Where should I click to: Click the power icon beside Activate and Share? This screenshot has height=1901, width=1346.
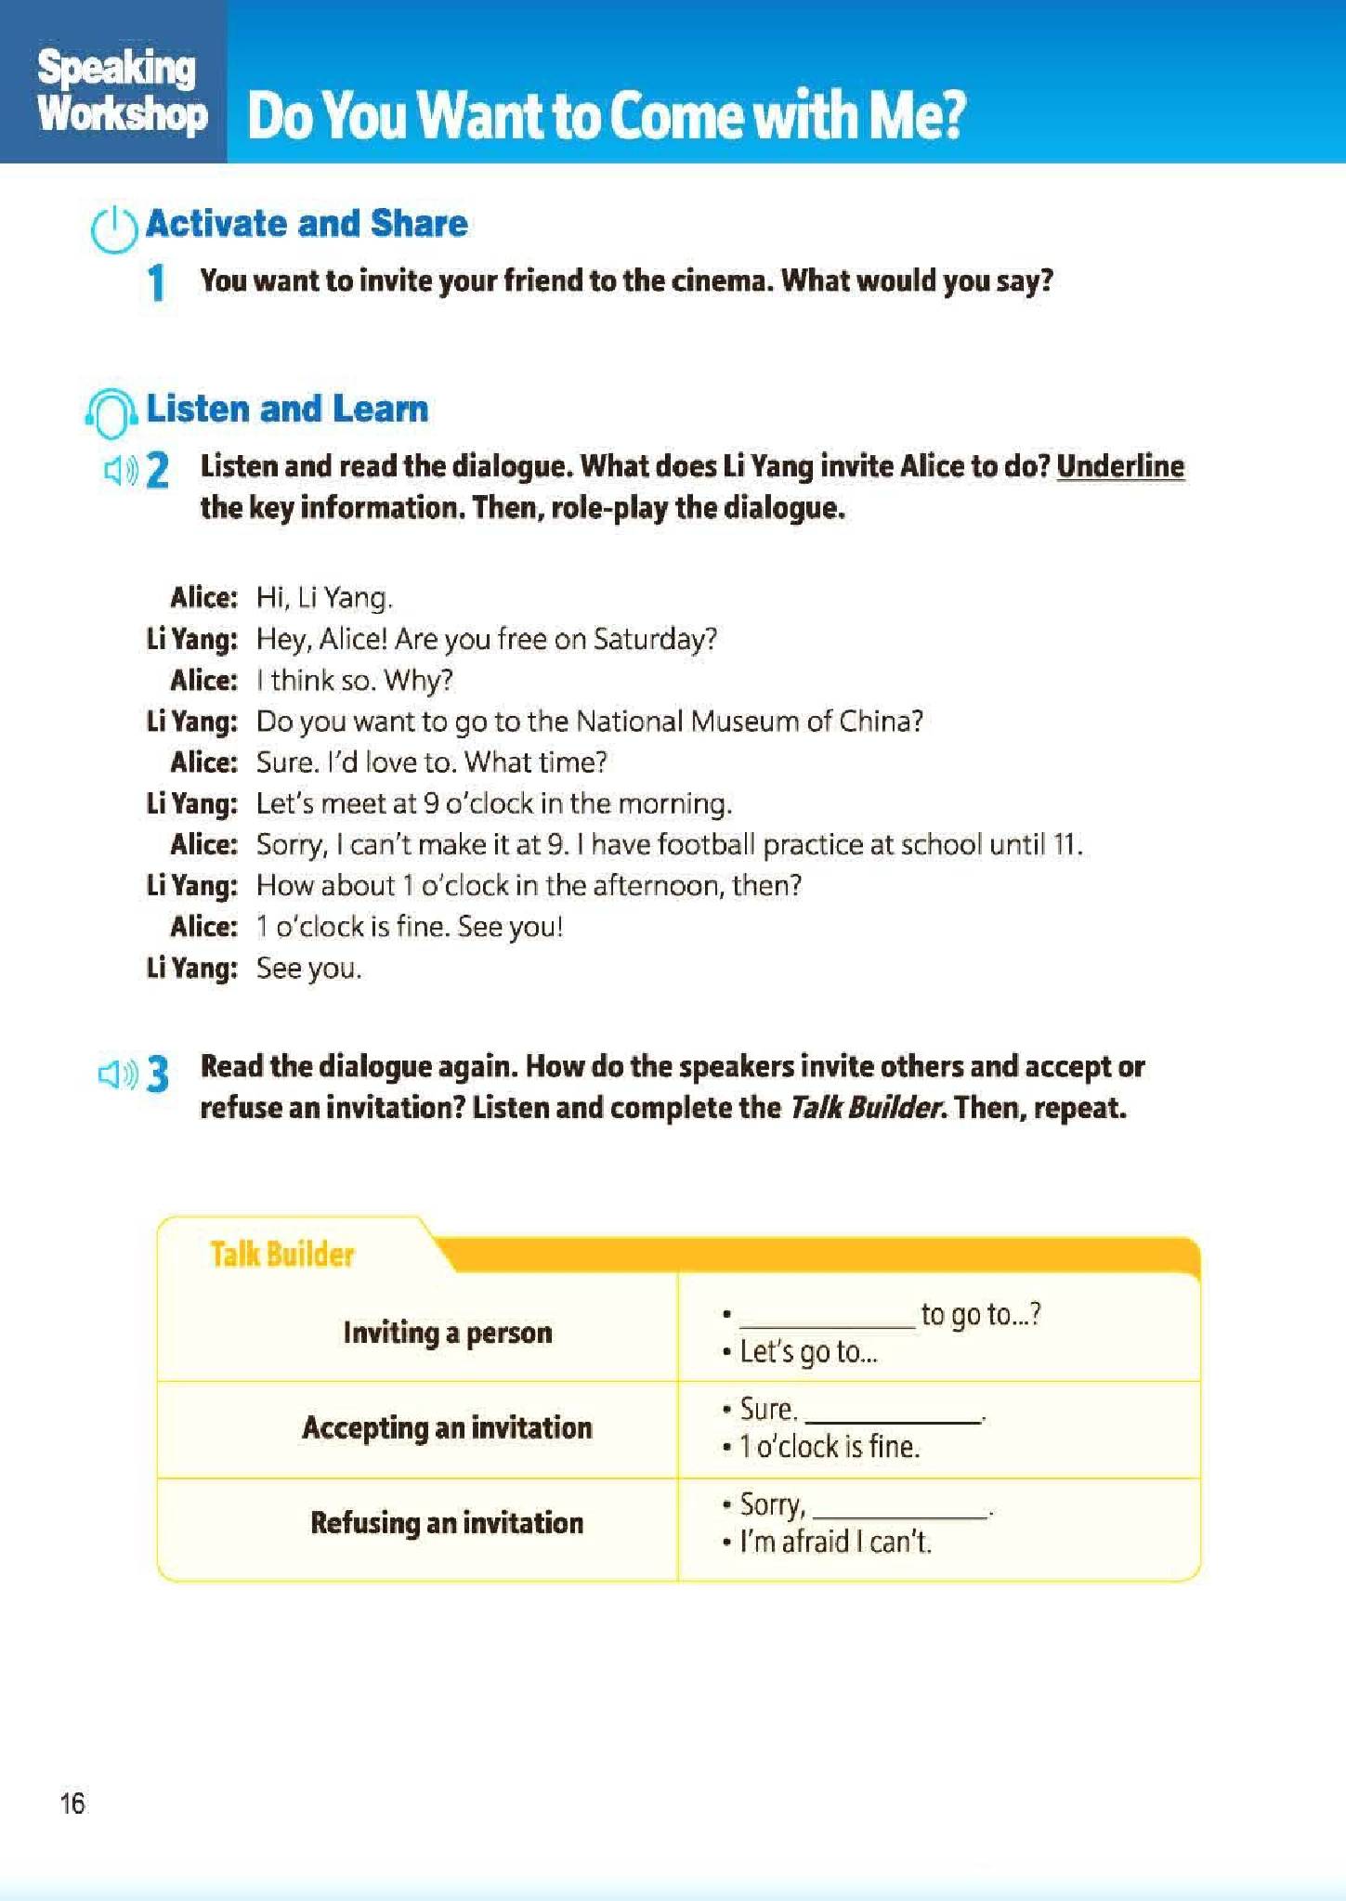114,228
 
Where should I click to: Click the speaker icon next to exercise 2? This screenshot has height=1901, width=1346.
120,471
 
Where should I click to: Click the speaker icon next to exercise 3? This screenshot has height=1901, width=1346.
117,1074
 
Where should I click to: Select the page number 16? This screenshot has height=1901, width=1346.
72,1803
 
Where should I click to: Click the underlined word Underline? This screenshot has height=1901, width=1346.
1120,466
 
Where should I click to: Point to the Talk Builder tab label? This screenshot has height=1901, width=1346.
282,1255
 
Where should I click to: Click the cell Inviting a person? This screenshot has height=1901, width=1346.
447,1333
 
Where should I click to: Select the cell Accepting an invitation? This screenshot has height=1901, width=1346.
447,1427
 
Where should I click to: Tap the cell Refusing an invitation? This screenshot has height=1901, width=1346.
447,1523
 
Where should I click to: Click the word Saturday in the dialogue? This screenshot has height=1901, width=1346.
655,639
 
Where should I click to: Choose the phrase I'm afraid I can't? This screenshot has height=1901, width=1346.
834,1543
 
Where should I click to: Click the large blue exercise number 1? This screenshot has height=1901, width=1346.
157,282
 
